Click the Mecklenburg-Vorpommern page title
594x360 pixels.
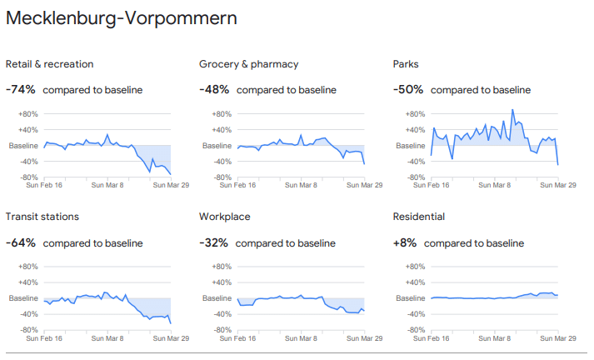tap(121, 18)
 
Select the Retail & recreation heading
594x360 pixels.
tap(49, 64)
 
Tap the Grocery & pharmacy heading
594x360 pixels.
tap(248, 64)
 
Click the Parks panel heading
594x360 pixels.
tap(406, 64)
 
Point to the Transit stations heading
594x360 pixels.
tap(42, 217)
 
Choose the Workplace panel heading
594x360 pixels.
tap(224, 217)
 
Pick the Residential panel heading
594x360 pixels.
tap(419, 217)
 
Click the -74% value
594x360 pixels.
tap(21, 90)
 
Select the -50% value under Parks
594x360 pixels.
tap(408, 90)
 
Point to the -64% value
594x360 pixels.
tap(21, 242)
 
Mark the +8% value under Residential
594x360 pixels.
tap(407, 242)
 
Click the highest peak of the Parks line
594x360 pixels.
tap(512, 110)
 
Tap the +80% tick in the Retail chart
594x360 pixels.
tap(28, 114)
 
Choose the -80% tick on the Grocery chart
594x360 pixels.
tap(222, 177)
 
